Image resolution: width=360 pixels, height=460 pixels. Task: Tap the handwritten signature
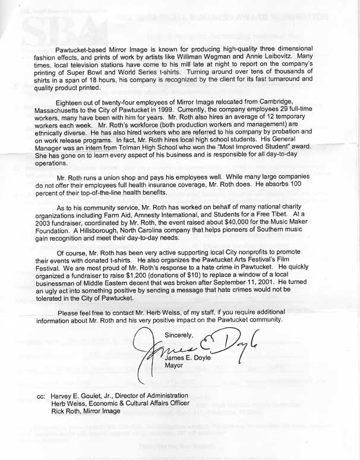(x=190, y=349)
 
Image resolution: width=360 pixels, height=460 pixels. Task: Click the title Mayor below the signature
(x=174, y=366)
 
